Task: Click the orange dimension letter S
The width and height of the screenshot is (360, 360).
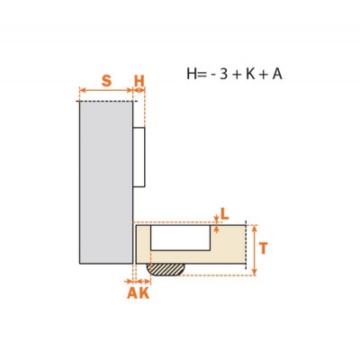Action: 106,81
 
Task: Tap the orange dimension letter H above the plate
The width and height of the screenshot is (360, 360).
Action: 139,81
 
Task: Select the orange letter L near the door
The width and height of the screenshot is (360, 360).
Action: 225,214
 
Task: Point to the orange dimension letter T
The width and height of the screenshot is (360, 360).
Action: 263,248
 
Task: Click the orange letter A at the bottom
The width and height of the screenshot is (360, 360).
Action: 132,292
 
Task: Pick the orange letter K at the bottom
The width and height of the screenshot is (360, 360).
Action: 144,292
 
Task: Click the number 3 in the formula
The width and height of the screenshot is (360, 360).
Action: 224,74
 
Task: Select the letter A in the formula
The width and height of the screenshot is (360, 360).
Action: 277,74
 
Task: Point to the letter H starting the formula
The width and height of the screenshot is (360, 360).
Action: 192,74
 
